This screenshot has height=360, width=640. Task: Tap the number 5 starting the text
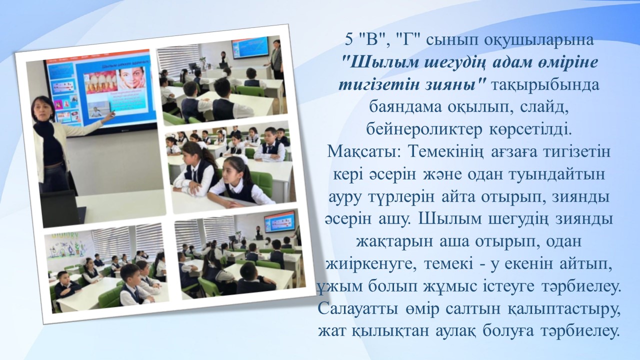point(348,40)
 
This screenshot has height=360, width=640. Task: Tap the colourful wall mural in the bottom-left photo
point(69,247)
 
